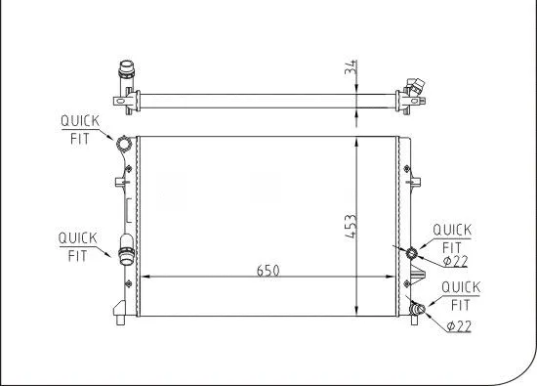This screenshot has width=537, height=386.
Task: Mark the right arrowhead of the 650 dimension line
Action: [x=394, y=278]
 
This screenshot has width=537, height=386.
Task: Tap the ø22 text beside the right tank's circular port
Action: [x=456, y=261]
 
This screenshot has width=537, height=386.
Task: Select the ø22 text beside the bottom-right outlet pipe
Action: [x=459, y=325]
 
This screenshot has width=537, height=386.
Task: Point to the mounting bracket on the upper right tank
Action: [x=414, y=179]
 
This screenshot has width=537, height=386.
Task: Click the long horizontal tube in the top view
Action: [x=264, y=99]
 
